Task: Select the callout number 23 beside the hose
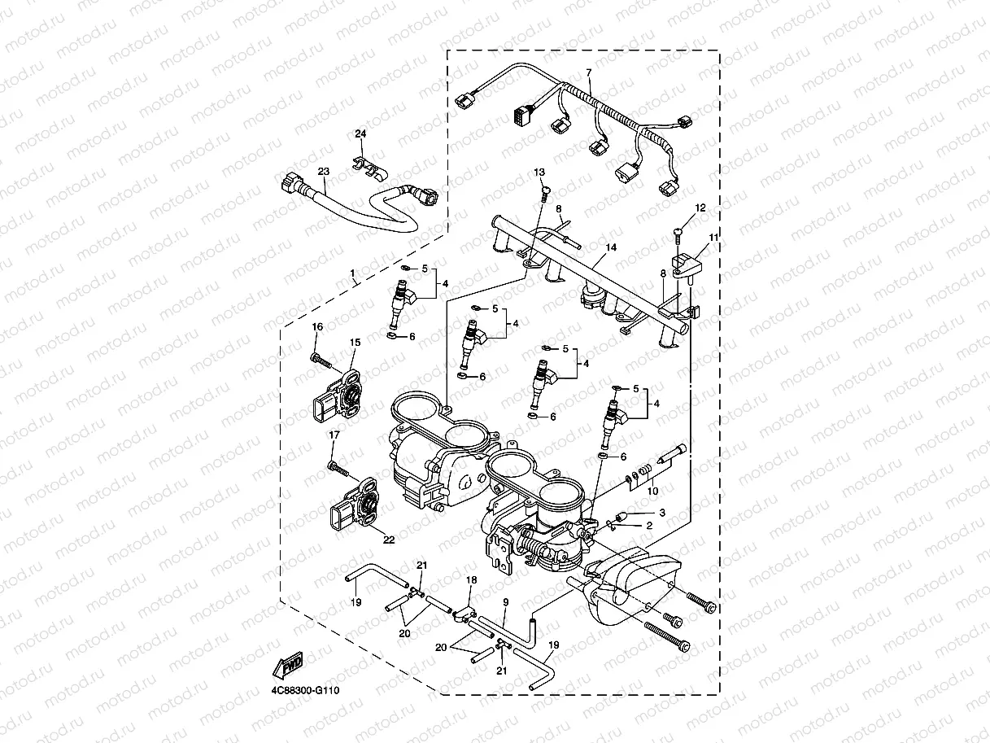[323, 172]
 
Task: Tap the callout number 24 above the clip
[360, 133]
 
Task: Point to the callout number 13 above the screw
[539, 173]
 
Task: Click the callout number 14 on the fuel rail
[611, 247]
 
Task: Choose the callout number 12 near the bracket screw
[700, 208]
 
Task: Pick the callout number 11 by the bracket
[713, 238]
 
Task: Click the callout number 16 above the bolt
[317, 326]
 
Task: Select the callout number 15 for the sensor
[355, 343]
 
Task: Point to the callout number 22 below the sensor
[388, 539]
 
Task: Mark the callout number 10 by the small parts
[652, 491]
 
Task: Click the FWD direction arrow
[288, 667]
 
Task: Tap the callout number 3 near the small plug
[662, 513]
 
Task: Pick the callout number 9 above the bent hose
[505, 601]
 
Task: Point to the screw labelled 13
[544, 192]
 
